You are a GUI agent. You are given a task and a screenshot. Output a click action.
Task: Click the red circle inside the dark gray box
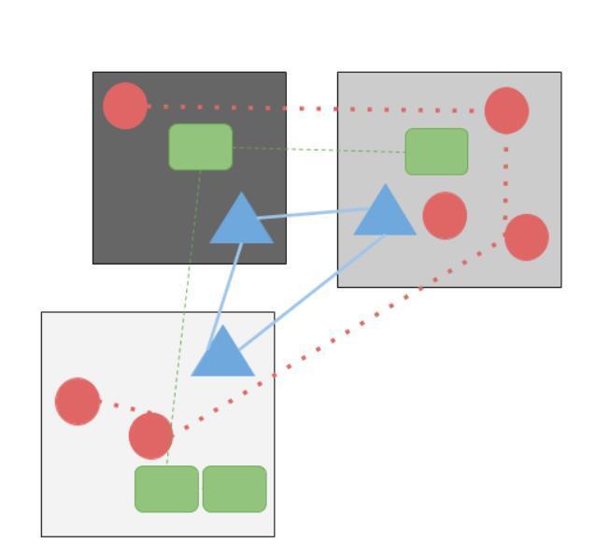pyautogui.click(x=125, y=106)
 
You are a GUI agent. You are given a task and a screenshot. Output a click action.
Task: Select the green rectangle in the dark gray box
pyautogui.click(x=201, y=147)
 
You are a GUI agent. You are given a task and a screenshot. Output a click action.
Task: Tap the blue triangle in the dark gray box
pyautogui.click(x=241, y=222)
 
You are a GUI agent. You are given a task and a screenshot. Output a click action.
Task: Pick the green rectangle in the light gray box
pyautogui.click(x=436, y=151)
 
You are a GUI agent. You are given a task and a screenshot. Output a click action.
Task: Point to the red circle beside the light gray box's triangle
pyautogui.click(x=445, y=216)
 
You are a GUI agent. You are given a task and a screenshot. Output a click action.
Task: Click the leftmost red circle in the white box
pyautogui.click(x=78, y=401)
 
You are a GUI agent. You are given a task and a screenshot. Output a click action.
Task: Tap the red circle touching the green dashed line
pyautogui.click(x=150, y=436)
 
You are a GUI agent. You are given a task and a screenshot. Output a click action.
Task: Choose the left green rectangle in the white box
pyautogui.click(x=166, y=489)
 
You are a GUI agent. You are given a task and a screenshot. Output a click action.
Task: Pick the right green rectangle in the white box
pyautogui.click(x=234, y=489)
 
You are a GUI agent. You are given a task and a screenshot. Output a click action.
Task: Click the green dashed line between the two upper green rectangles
pyautogui.click(x=318, y=150)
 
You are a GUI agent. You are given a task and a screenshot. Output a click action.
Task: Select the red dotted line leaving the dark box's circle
pyautogui.click(x=308, y=108)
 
